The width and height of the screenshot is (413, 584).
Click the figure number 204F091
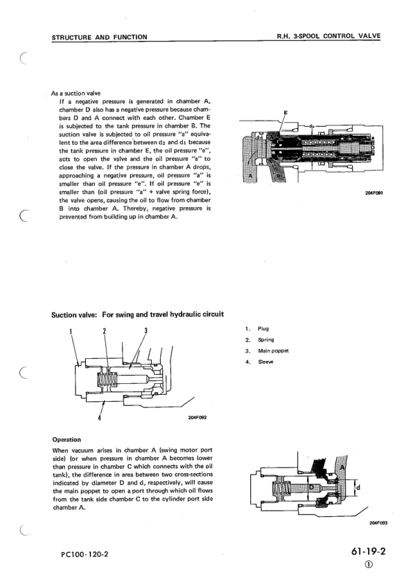pyautogui.click(x=372, y=194)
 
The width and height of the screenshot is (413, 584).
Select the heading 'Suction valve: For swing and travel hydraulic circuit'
pyautogui.click(x=138, y=315)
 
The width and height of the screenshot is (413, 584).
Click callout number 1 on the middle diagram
pyautogui.click(x=72, y=330)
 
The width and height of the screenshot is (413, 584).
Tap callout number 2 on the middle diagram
pyautogui.click(x=104, y=330)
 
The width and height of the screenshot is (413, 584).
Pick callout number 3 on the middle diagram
pyautogui.click(x=146, y=330)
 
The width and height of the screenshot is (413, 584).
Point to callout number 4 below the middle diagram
pyautogui.click(x=100, y=418)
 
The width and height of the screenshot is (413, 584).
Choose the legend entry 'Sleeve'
pyautogui.click(x=266, y=362)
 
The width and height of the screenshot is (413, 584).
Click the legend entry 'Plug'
pyautogui.click(x=263, y=328)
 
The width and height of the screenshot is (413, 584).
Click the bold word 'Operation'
pyautogui.click(x=67, y=439)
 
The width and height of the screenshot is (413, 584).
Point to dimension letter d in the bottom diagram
pyautogui.click(x=358, y=486)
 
